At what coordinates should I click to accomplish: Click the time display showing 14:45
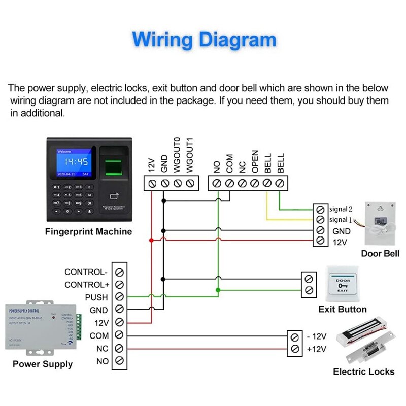[72, 162]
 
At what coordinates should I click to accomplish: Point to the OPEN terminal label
[255, 161]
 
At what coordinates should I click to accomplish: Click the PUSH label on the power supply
[96, 297]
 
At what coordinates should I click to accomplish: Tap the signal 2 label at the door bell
[341, 209]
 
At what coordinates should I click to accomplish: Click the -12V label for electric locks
[316, 336]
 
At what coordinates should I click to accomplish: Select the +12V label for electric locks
[316, 349]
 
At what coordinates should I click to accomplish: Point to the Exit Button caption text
[343, 309]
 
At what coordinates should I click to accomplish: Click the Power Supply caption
[43, 364]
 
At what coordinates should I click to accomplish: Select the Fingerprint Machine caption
[88, 232]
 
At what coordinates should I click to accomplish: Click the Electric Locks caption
[363, 371]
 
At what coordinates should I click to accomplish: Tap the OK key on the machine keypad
[90, 202]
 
